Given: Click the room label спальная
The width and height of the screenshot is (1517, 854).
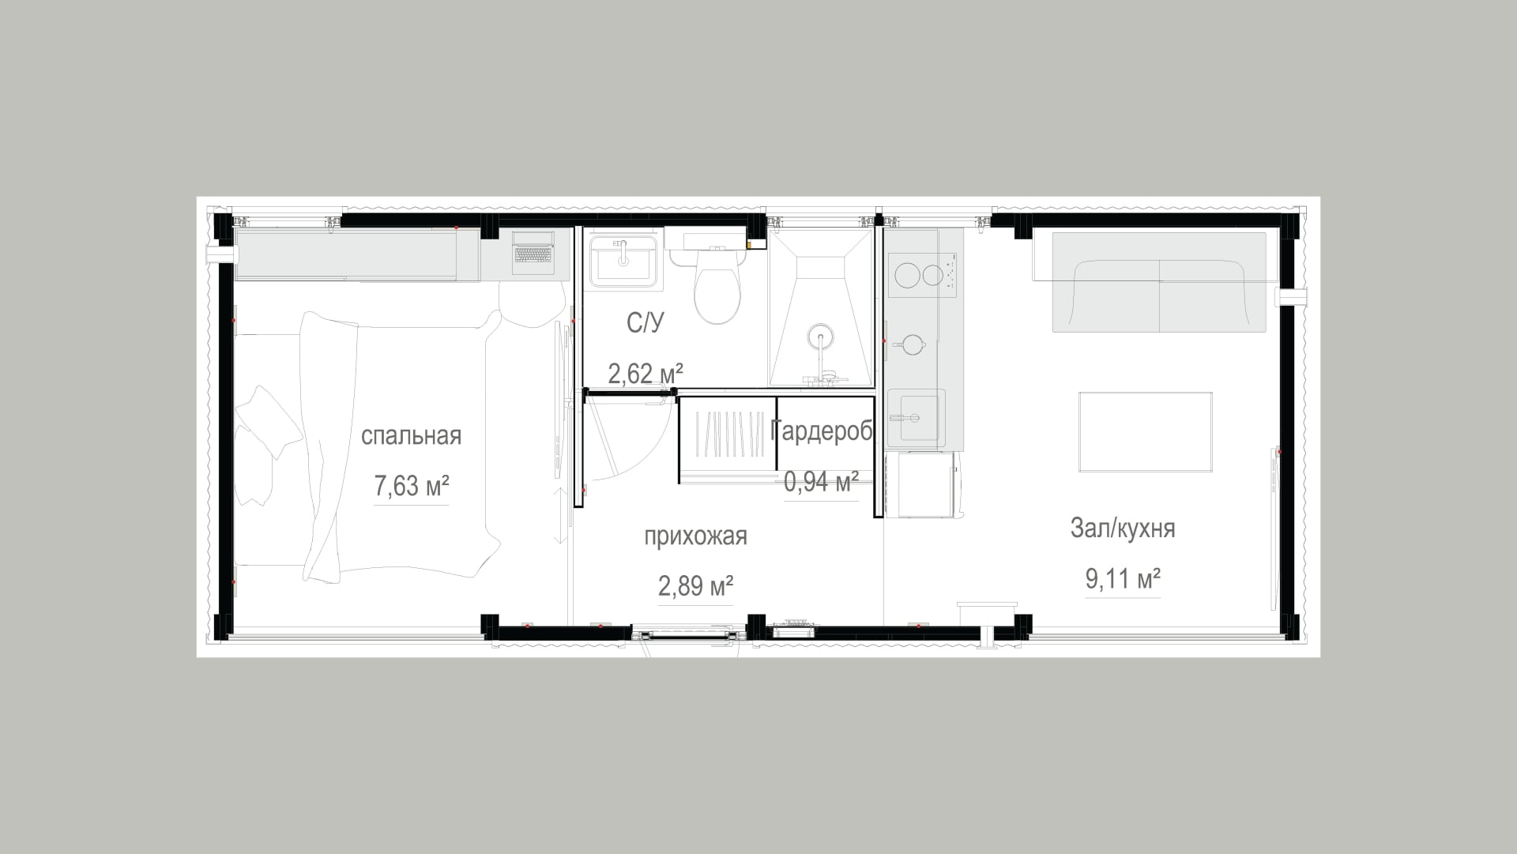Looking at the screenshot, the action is pyautogui.click(x=411, y=436).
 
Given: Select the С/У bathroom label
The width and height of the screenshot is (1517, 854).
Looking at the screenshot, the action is pyautogui.click(x=646, y=323).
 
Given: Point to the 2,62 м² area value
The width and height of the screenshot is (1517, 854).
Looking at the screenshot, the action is pyautogui.click(x=646, y=373).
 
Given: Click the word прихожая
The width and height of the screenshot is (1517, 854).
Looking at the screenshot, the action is pyautogui.click(x=695, y=536).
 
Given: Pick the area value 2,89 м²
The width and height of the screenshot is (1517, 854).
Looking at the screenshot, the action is pyautogui.click(x=695, y=585).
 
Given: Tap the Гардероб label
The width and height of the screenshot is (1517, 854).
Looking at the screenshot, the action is pyautogui.click(x=822, y=431).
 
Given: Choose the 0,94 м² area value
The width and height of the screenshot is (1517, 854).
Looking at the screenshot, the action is pyautogui.click(x=822, y=481).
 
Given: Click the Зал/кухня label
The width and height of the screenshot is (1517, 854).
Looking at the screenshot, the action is pyautogui.click(x=1123, y=529).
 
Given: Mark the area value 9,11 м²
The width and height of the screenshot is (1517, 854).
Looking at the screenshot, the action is pyautogui.click(x=1123, y=579).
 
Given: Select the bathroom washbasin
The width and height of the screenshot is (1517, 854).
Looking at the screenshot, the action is pyautogui.click(x=623, y=261).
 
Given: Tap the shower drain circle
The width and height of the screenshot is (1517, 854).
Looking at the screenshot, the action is pyautogui.click(x=822, y=337).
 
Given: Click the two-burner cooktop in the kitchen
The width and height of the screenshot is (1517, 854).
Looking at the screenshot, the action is pyautogui.click(x=922, y=275).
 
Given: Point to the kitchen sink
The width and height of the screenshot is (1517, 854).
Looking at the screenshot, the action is pyautogui.click(x=917, y=416).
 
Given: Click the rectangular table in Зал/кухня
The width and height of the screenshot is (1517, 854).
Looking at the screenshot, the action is pyautogui.click(x=1146, y=431).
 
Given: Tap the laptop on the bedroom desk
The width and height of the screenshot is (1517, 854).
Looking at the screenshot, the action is pyautogui.click(x=534, y=251).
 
